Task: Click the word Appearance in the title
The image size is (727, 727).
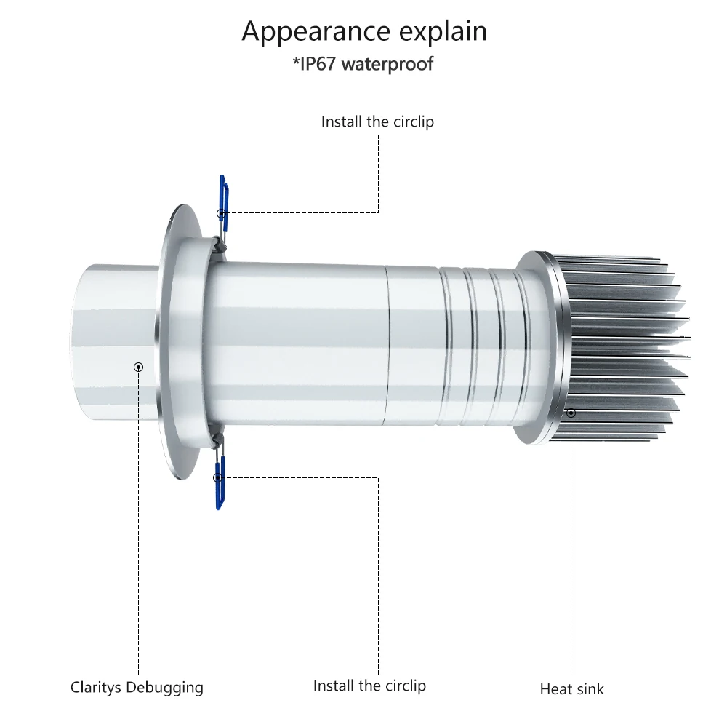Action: point(305,33)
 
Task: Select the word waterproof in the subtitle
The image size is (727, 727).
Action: point(387,64)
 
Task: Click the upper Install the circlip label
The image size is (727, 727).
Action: point(377,122)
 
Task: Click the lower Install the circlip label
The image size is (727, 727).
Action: point(369,686)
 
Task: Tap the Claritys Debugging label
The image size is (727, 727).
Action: point(137,687)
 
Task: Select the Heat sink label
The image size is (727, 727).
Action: point(571,688)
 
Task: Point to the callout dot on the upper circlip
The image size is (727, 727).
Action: point(221,213)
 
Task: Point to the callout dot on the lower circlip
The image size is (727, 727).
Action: point(217,477)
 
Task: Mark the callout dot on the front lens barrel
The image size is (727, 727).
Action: point(139,367)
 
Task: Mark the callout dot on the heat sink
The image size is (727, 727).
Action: point(571,413)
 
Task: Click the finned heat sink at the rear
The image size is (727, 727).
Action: point(625,349)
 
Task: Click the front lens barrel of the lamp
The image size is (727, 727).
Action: point(109,342)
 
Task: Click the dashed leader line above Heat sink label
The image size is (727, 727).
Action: point(571,546)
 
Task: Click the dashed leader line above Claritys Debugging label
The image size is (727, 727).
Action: point(139,524)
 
